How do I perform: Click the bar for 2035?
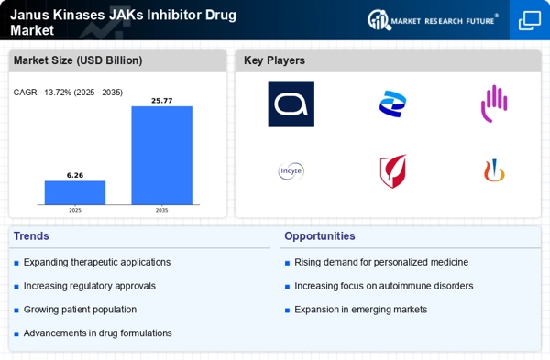pos(161,156)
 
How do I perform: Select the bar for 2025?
pos(75,192)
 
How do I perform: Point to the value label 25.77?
pos(161,100)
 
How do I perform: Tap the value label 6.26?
pos(75,174)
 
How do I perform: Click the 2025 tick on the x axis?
pos(75,210)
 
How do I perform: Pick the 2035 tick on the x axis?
pos(161,210)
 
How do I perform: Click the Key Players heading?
pos(274,60)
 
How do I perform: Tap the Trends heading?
pos(33,235)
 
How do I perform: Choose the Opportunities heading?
pos(320,235)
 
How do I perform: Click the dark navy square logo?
pos(291,104)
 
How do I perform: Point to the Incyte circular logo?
pos(291,170)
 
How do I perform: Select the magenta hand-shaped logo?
pos(494,104)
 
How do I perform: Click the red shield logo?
pos(392,170)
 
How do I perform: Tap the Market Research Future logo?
pos(434,19)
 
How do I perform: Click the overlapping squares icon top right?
pos(529,20)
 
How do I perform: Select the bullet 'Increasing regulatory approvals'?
pos(90,286)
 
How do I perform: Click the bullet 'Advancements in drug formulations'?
pos(97,333)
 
